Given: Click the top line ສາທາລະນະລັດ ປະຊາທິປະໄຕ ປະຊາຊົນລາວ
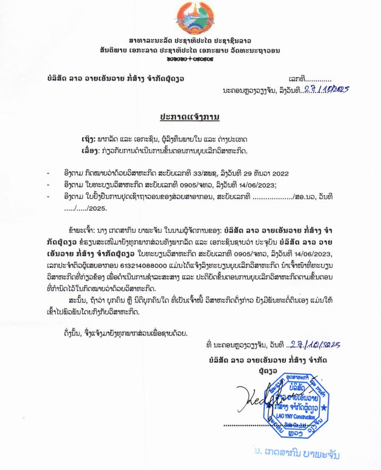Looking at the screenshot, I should click(x=190, y=40).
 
